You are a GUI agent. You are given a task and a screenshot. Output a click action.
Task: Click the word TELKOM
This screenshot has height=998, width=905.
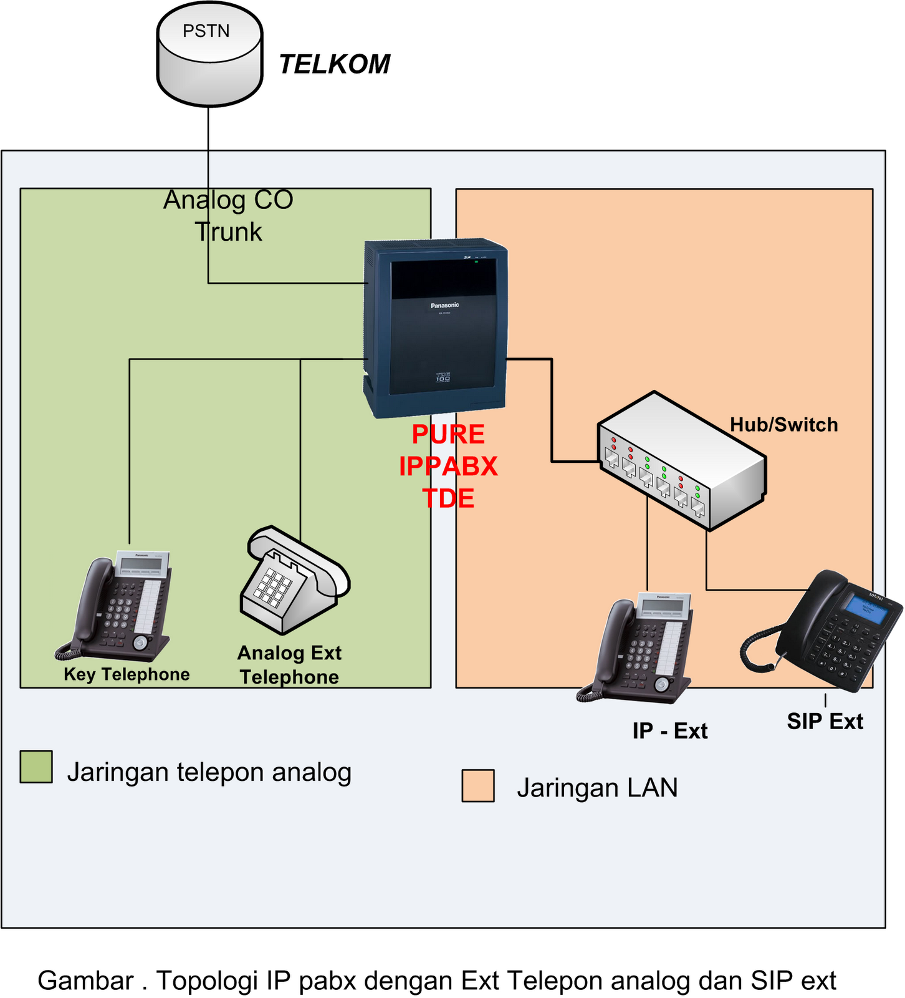coord(334,64)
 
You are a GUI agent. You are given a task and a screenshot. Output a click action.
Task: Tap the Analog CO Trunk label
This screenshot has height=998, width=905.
coord(228,216)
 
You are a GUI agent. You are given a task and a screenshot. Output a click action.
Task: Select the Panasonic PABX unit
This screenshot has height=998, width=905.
coord(436,327)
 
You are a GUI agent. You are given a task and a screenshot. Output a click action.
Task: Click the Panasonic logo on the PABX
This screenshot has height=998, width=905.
coord(444,305)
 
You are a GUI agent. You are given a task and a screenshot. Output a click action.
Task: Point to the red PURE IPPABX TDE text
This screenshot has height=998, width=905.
coord(448,466)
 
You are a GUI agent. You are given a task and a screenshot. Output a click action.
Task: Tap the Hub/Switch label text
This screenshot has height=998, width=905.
coord(783,425)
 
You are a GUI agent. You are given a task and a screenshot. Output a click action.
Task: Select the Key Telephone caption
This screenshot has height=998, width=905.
coord(127,674)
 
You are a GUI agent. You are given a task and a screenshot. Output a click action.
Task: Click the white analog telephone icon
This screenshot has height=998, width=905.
coord(293,580)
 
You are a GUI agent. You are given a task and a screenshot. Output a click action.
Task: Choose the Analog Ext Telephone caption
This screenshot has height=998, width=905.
coord(289,665)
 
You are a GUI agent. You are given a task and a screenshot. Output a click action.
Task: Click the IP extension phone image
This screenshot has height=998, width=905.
coord(639,649)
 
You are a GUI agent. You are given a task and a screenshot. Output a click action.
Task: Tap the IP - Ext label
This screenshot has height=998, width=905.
coord(669,731)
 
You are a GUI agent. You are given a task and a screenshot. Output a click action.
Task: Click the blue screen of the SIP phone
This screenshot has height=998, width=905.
coord(866,608)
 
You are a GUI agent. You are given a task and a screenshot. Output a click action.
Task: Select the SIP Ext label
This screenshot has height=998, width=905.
coord(824,722)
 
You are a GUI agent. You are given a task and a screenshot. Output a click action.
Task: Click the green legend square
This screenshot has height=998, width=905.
coord(36,767)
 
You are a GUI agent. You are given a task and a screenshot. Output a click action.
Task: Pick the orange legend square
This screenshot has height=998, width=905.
coord(478,785)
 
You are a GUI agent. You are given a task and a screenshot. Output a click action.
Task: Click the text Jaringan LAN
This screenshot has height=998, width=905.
coord(596,788)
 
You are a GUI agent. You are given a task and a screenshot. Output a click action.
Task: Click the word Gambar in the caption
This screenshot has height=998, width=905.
coord(85,981)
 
